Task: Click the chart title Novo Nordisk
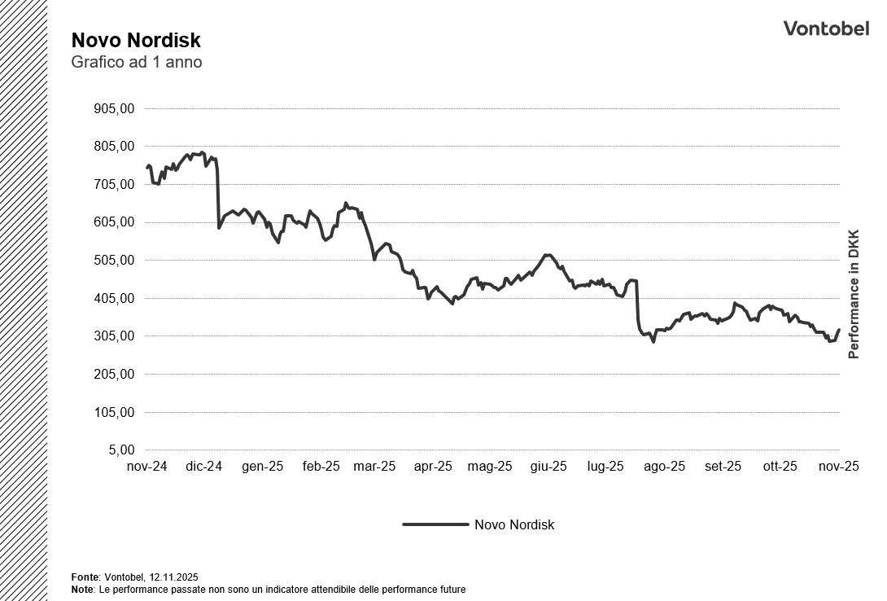[x=136, y=41]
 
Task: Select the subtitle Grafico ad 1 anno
[x=136, y=63]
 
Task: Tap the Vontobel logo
[x=826, y=29]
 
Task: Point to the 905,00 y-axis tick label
[x=115, y=109]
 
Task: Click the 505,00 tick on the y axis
[x=115, y=261]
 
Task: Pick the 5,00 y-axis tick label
[x=120, y=450]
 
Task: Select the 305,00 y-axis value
[x=115, y=336]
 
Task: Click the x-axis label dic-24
[x=204, y=467]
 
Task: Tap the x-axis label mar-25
[x=375, y=467]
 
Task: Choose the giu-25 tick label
[x=548, y=467]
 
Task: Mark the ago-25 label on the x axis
[x=665, y=467]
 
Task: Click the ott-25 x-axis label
[x=780, y=467]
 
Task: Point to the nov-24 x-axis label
[x=147, y=467]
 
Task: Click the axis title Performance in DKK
[x=854, y=293]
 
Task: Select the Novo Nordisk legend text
[x=514, y=525]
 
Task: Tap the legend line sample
[x=435, y=525]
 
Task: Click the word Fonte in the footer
[x=85, y=577]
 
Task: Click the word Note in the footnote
[x=82, y=589]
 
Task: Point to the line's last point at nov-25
[x=839, y=330]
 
